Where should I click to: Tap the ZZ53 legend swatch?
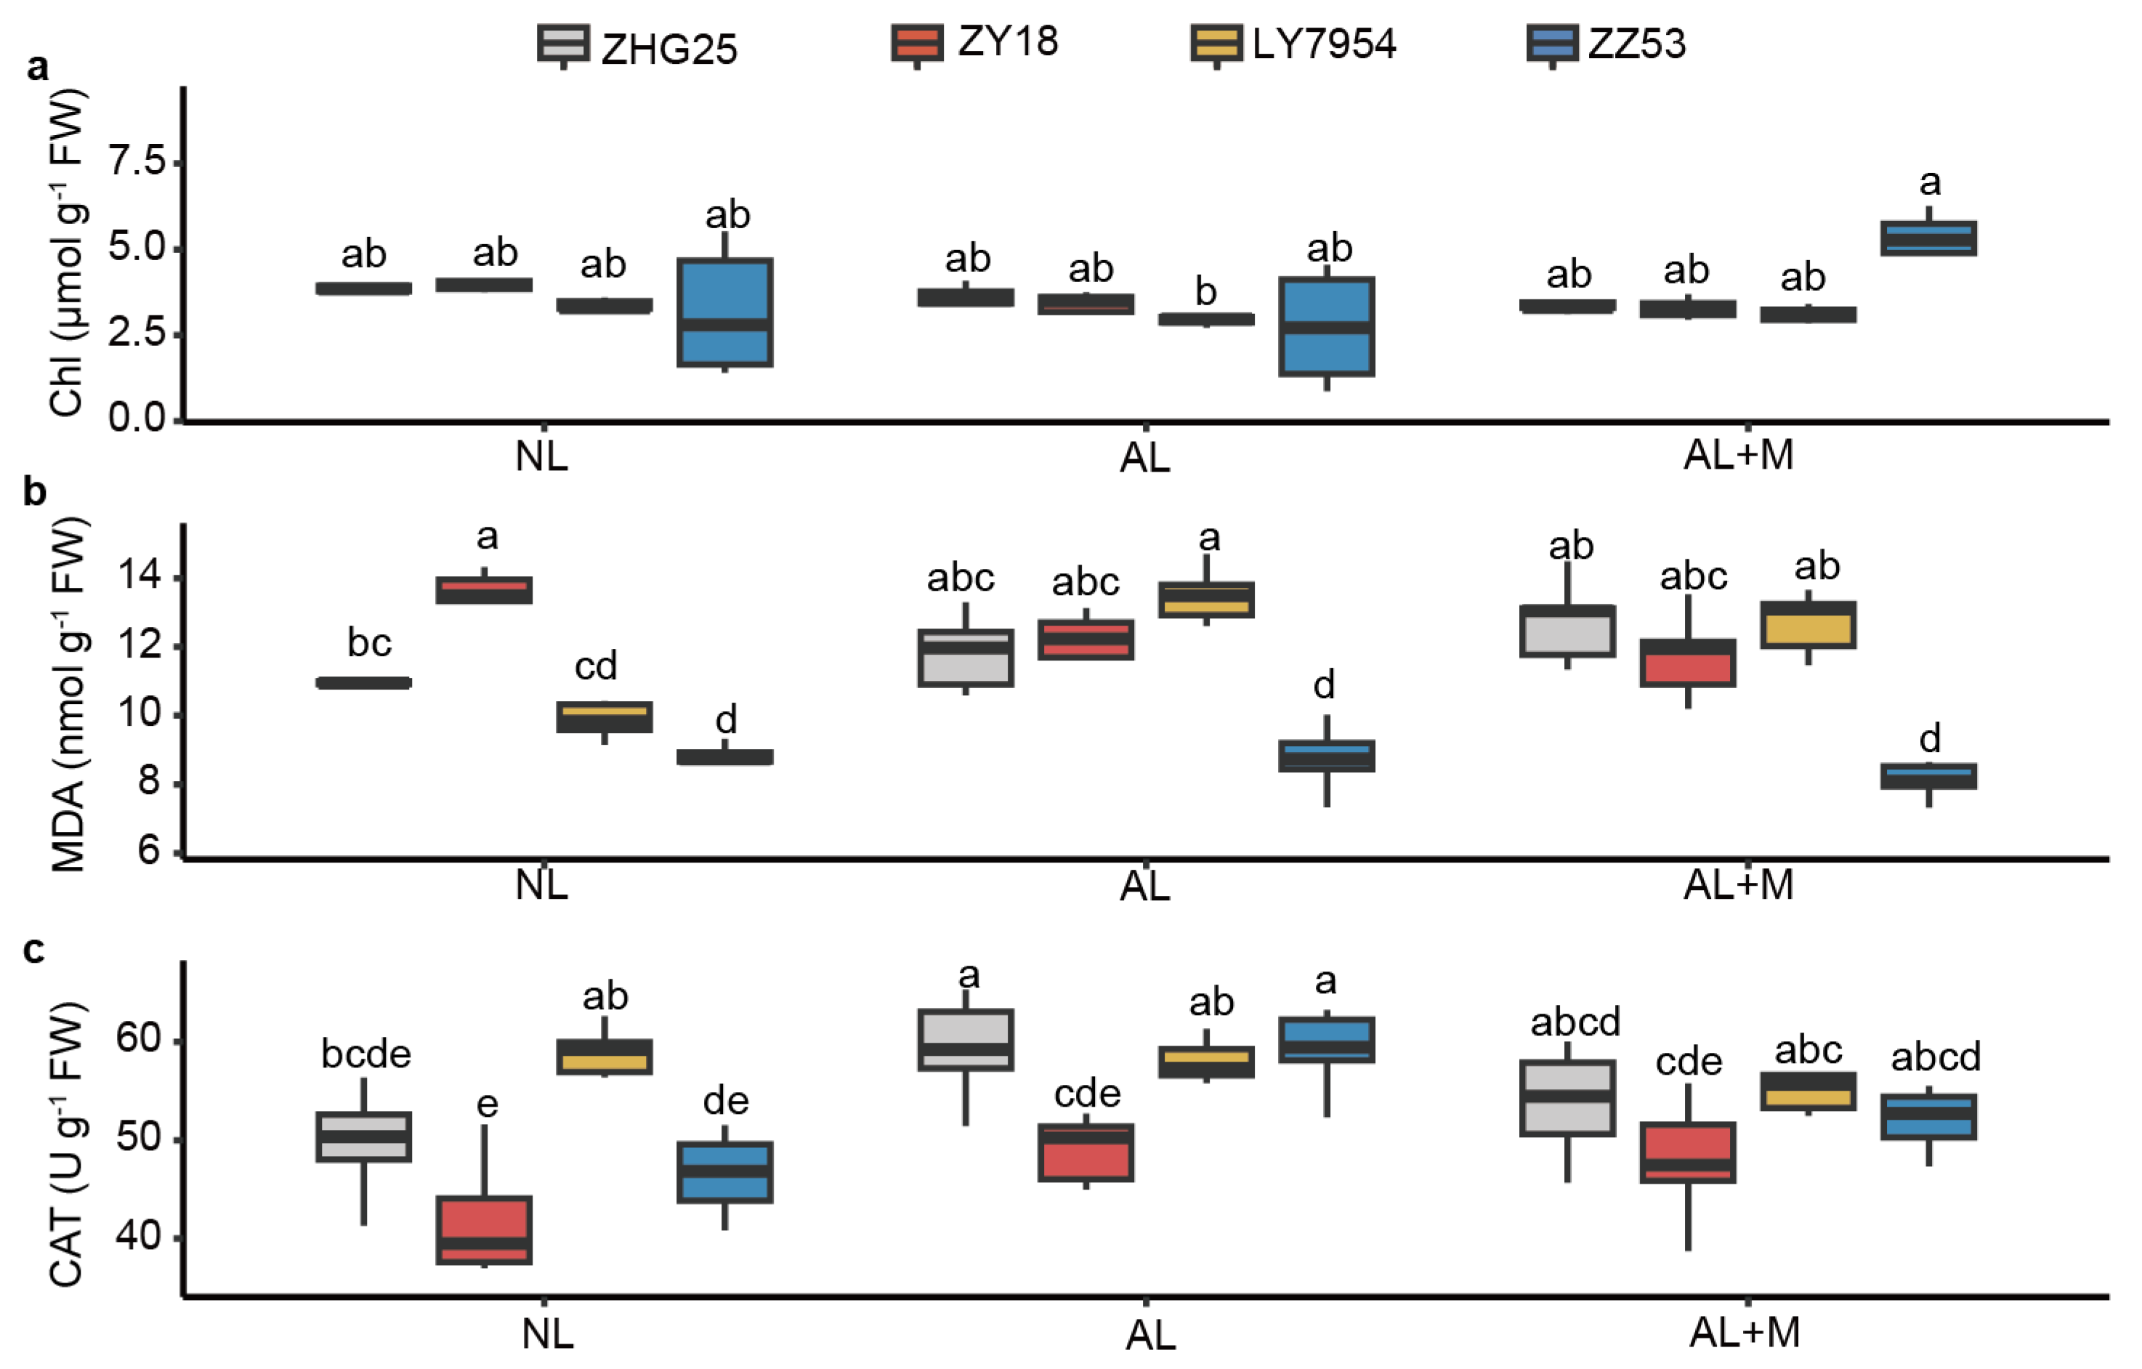tap(1552, 44)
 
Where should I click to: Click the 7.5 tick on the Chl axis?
tap(136, 162)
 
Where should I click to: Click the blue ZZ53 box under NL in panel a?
tap(725, 312)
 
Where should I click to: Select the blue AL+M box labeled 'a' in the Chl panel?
tap(1928, 238)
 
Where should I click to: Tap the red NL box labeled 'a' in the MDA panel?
tap(484, 590)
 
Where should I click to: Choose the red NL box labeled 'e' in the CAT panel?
tap(484, 1229)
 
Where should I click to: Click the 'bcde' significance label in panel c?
tap(365, 1055)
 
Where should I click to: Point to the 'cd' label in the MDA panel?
tap(595, 666)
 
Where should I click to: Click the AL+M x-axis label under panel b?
tap(1738, 885)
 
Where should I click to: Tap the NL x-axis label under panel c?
tap(547, 1333)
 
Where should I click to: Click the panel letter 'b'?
tap(34, 490)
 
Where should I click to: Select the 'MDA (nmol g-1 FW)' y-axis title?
tap(69, 694)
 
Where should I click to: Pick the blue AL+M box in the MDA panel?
tap(1928, 775)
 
